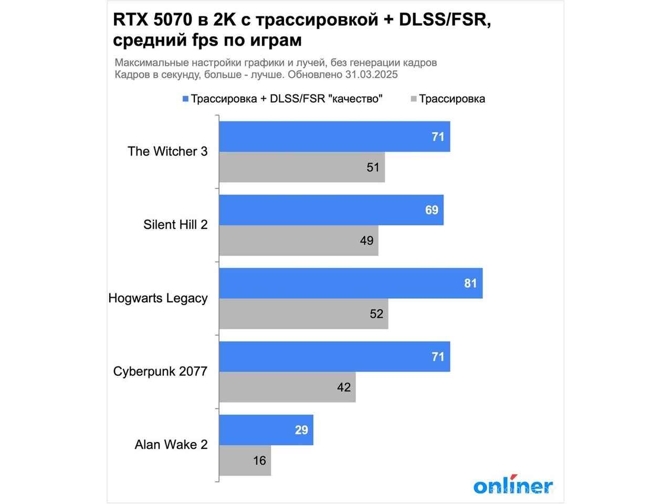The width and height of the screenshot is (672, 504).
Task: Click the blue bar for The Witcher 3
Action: pos(334,136)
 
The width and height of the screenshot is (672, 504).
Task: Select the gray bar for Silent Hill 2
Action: pos(298,240)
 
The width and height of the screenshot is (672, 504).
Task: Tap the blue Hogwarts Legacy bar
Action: pos(351,283)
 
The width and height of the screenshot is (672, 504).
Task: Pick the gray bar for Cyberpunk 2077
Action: pos(287,387)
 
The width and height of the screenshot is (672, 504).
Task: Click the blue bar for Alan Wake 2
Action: pos(266,430)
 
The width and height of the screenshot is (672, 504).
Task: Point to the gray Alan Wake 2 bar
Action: pos(245,460)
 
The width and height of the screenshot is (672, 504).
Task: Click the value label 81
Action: pos(470,283)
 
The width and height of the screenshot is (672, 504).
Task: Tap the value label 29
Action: pos(301,430)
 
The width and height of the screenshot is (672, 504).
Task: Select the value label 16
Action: pos(259,460)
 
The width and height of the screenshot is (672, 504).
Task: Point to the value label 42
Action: pos(344,387)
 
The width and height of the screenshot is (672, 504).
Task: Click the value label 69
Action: pos(432,210)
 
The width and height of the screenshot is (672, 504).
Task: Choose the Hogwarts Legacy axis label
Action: pos(158,298)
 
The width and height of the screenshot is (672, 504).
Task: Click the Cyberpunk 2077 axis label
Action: pos(160,371)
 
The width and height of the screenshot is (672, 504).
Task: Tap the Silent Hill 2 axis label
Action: pos(175,225)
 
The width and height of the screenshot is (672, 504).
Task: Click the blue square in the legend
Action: pos(185,99)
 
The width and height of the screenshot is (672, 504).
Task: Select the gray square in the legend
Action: pos(414,99)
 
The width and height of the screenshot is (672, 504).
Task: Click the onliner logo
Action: pos(513,486)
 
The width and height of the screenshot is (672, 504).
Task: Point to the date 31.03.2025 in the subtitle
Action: pos(371,75)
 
